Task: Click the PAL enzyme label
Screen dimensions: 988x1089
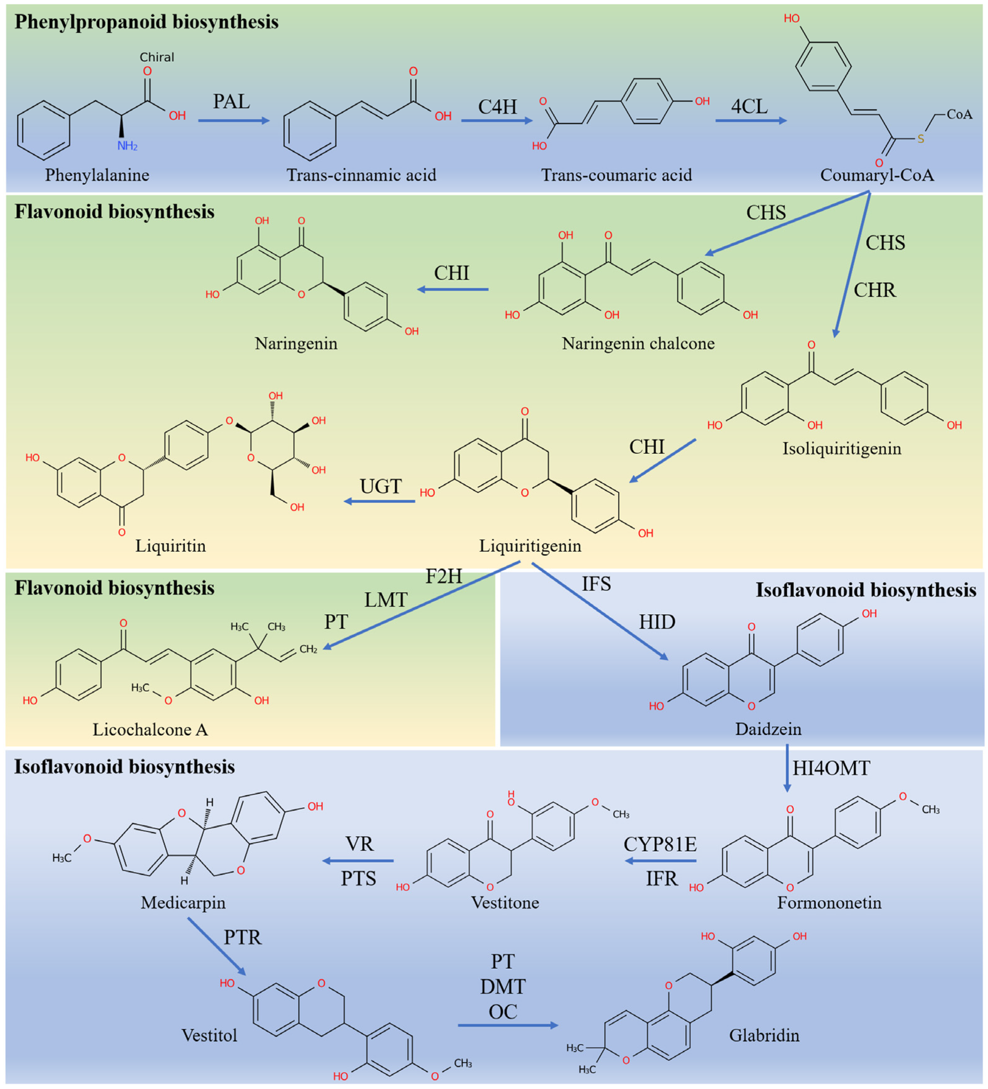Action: click(231, 102)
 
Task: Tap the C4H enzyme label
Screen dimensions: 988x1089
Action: click(497, 107)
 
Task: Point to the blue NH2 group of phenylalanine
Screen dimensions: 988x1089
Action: click(127, 146)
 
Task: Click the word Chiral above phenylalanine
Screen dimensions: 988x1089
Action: click(157, 57)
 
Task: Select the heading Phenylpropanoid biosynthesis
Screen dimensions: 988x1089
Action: click(146, 22)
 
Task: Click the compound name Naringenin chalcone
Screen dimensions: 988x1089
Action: click(638, 343)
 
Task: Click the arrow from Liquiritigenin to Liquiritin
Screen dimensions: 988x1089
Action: click(380, 501)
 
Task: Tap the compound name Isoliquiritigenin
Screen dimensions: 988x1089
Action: click(842, 448)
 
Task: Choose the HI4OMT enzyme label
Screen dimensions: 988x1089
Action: click(831, 768)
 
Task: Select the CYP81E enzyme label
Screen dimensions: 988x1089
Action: click(660, 844)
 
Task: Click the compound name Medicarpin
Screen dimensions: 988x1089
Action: click(183, 903)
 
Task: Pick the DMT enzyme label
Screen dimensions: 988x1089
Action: click(502, 987)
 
